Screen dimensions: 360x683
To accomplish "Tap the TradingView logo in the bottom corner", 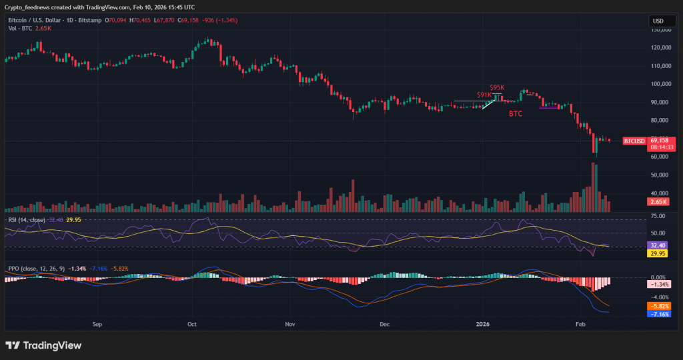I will coord(43,345).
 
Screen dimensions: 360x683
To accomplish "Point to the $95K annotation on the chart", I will coord(497,87).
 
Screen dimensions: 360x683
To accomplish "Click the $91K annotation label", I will coord(484,95).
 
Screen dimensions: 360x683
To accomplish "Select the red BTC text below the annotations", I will coord(516,114).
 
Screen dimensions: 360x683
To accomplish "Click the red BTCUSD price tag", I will coord(634,141).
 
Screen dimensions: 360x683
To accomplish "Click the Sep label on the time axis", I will coord(97,325).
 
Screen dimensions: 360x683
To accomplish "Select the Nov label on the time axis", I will coord(289,325).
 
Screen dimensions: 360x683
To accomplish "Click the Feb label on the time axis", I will coord(580,325).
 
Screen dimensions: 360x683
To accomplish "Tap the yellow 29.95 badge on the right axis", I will coord(659,253).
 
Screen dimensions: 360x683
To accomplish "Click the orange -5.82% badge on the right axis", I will coord(659,305).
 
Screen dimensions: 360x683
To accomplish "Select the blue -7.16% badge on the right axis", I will coord(659,313).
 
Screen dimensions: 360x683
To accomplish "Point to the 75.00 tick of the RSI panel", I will coord(659,217).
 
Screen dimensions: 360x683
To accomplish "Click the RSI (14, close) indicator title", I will coord(27,219).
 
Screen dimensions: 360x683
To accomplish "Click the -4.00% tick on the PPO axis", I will coord(659,297).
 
